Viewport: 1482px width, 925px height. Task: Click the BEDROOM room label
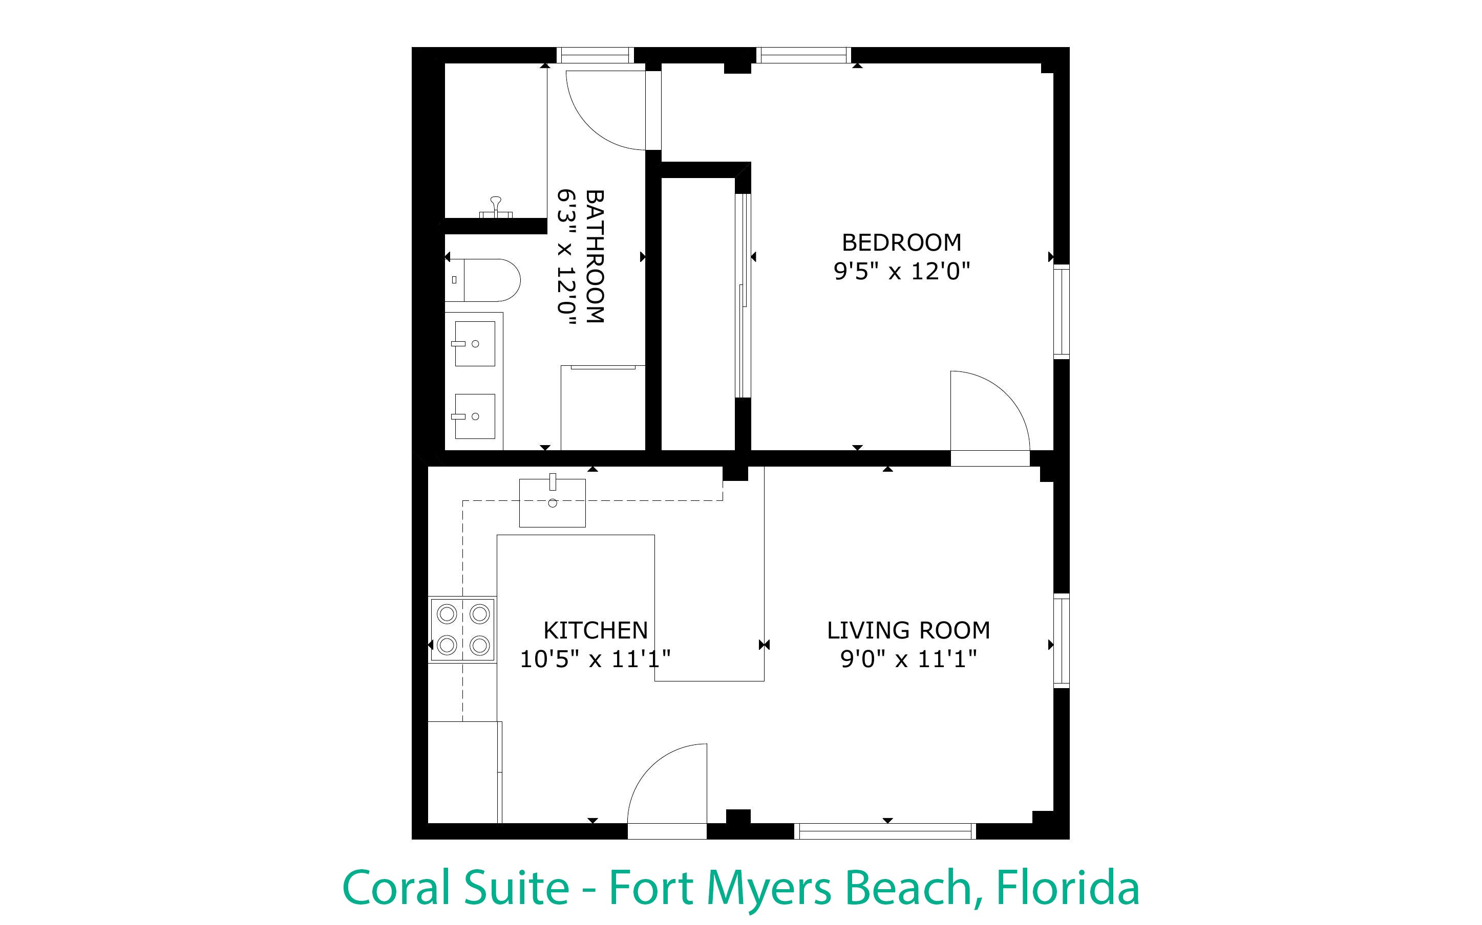[901, 243]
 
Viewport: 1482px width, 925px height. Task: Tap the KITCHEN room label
[596, 630]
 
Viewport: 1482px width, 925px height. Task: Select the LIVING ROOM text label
[908, 630]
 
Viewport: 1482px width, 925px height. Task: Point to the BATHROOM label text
[595, 256]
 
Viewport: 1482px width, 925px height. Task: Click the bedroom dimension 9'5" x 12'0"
[902, 271]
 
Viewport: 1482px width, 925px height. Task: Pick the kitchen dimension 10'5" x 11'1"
[595, 659]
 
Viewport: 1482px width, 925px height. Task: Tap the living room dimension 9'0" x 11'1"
[908, 659]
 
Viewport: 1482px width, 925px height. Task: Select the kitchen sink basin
[552, 502]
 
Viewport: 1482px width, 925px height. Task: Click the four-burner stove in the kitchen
[462, 629]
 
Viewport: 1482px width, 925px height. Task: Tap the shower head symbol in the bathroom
[496, 207]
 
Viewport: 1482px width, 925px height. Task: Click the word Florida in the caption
[1068, 888]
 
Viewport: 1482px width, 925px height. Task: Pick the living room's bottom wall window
[885, 831]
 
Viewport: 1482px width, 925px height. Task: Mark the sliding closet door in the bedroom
[743, 296]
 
